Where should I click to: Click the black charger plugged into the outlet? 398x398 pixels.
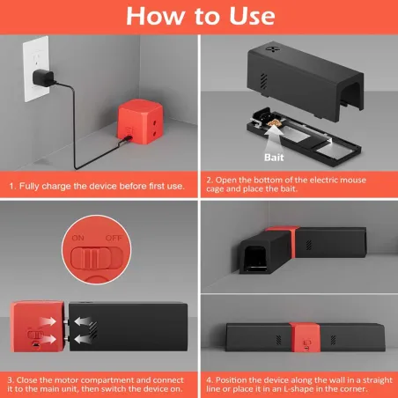click(42, 77)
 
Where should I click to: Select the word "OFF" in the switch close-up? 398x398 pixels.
click(113, 238)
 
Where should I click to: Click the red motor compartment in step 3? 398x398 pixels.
click(36, 329)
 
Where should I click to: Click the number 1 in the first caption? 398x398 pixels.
click(11, 187)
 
